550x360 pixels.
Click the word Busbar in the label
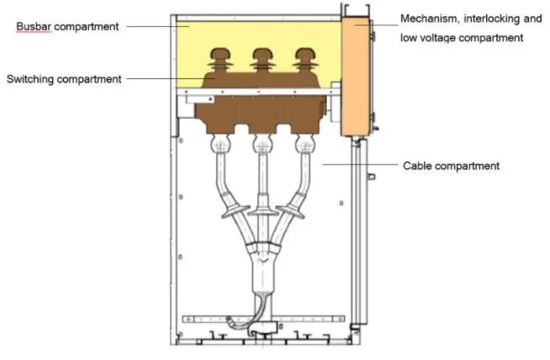(x=34, y=26)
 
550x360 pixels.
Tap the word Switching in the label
(x=30, y=79)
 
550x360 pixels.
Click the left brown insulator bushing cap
(x=220, y=54)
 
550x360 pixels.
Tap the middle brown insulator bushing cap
(x=262, y=54)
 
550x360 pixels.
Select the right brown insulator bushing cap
(x=305, y=54)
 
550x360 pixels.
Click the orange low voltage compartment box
(x=356, y=77)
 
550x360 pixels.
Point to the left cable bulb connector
(x=220, y=144)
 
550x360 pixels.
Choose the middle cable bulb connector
(x=262, y=144)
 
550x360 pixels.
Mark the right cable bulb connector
(x=305, y=144)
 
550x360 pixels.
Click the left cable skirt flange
(x=230, y=211)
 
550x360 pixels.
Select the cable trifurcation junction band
(x=262, y=245)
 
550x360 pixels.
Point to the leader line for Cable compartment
(x=360, y=164)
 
